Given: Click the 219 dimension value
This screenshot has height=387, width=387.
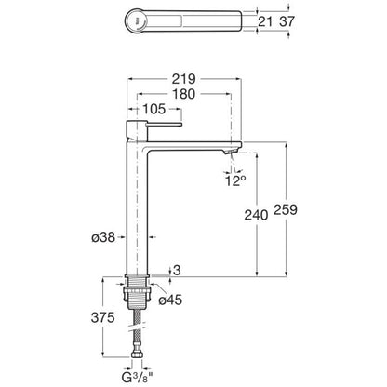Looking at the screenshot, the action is (x=184, y=79).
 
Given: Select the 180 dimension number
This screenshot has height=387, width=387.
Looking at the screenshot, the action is (x=184, y=94).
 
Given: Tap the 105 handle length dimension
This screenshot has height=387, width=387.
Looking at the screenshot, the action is (x=154, y=109).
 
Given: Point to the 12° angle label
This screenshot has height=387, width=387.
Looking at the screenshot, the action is (x=235, y=180).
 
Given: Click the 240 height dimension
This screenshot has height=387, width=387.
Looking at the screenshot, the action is (x=256, y=215).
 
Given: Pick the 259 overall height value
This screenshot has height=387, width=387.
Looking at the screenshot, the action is (x=286, y=209).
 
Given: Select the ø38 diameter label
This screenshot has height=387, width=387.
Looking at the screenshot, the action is (x=103, y=237).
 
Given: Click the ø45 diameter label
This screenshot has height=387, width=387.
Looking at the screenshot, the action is (x=170, y=300).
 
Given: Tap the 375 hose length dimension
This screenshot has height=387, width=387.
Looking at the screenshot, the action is (x=103, y=317).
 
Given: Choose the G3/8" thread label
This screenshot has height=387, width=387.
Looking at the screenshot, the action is (x=137, y=378).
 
